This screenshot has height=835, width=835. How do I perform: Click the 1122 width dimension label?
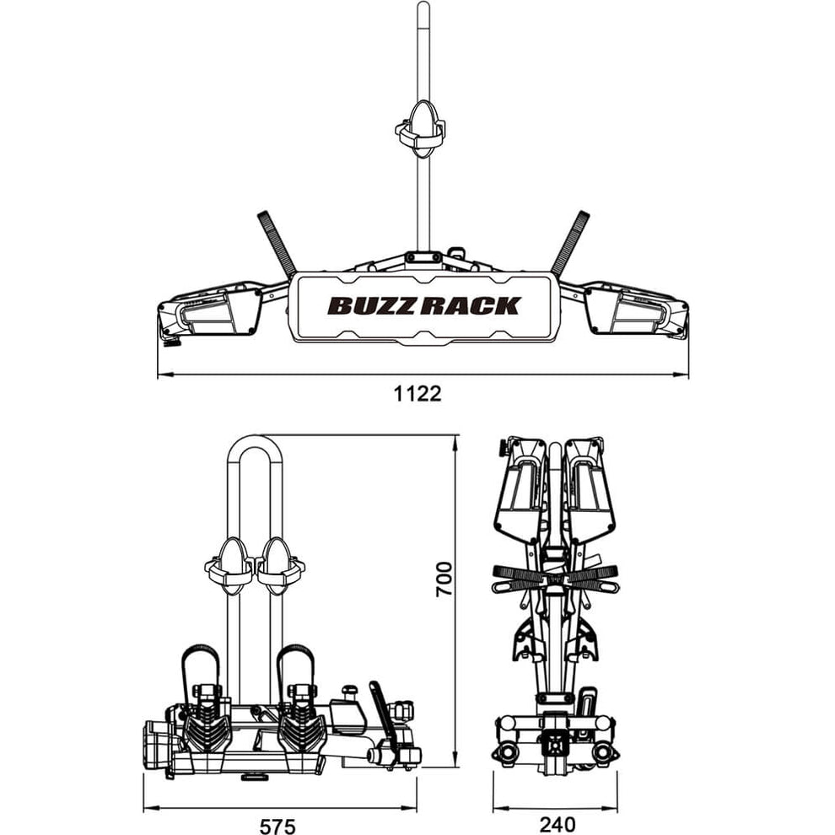coord(417,394)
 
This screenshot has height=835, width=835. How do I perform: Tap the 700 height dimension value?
coord(444,579)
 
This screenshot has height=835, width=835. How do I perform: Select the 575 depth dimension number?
coord(278,826)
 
